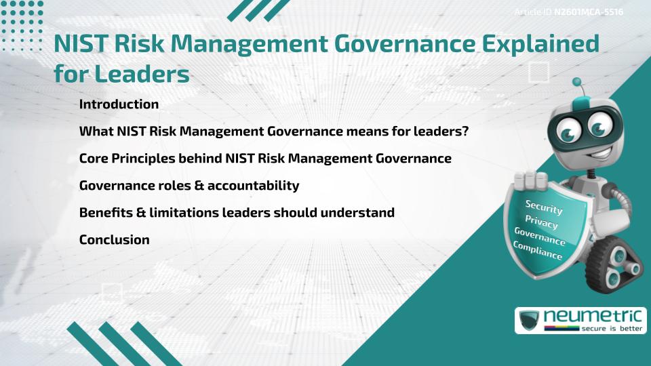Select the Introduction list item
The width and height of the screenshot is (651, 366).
click(119, 104)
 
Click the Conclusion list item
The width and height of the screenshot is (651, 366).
click(114, 239)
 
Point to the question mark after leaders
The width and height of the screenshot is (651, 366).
click(465, 131)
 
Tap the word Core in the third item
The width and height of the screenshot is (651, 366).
click(94, 159)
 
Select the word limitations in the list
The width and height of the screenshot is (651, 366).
click(181, 213)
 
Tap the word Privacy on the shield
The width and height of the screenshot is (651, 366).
click(541, 222)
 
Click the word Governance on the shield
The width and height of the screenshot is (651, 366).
click(540, 237)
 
